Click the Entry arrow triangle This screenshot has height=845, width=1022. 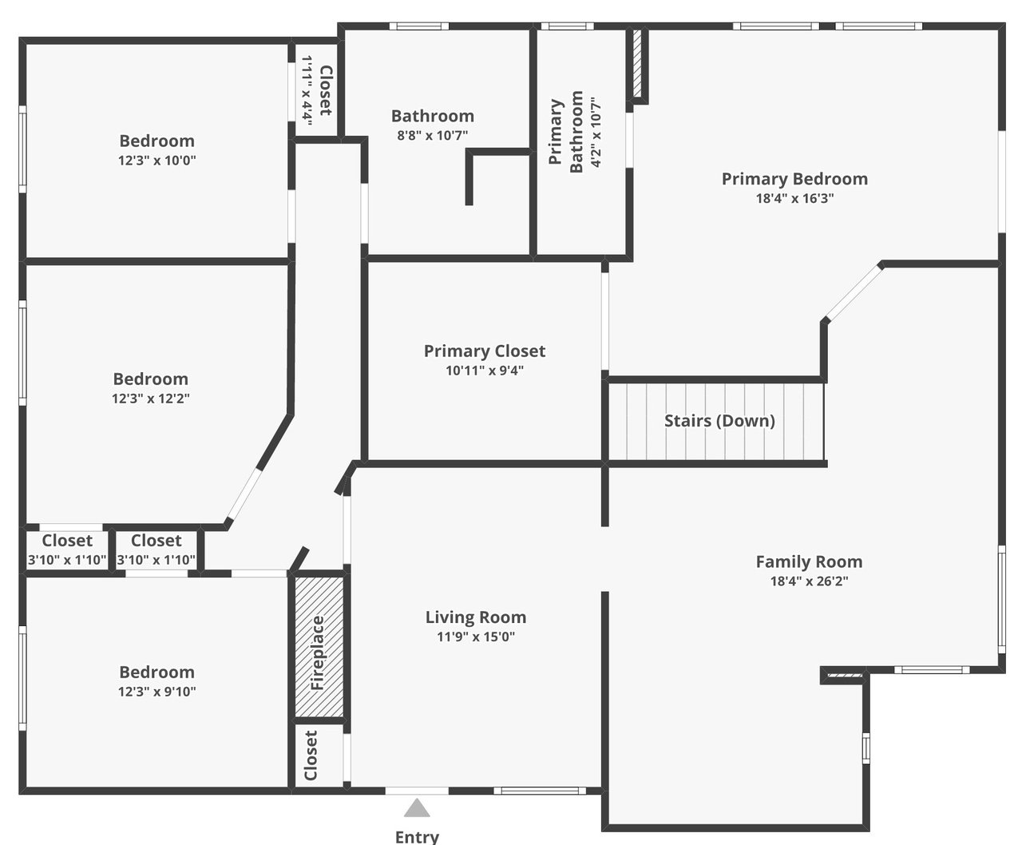[417, 808]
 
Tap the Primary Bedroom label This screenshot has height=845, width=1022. [794, 179]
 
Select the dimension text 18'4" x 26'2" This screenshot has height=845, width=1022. [809, 581]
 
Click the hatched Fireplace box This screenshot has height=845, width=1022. [319, 647]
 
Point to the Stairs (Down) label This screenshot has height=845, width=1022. [719, 421]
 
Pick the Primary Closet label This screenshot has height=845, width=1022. [485, 351]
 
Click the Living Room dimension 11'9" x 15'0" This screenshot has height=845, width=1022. [476, 637]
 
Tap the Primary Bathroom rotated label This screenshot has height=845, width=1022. [565, 133]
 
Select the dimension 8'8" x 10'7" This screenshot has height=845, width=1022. [432, 135]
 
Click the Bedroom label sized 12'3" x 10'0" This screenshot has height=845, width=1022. [157, 141]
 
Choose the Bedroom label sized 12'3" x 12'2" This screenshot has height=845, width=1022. [151, 379]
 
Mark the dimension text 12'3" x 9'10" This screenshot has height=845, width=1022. [157, 692]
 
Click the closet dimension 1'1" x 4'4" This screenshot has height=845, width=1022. [307, 90]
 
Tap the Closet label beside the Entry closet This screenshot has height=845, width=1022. [311, 756]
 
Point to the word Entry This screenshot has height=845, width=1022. [417, 837]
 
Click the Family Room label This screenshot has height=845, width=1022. [809, 561]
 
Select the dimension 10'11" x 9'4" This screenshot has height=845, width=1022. [485, 371]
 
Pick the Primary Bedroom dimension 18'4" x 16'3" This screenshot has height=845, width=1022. [795, 198]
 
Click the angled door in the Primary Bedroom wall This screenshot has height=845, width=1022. [854, 293]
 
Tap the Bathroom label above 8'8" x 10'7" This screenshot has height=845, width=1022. [433, 116]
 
